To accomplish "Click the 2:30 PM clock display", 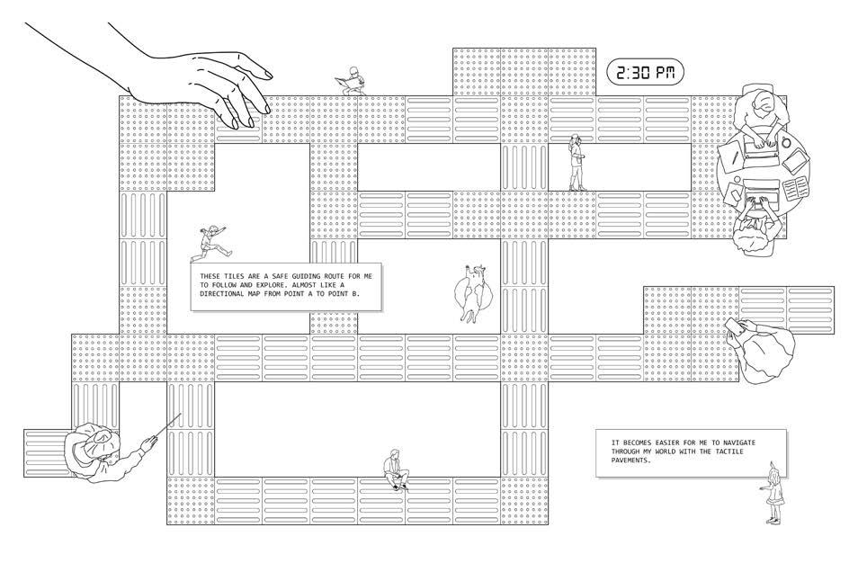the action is coord(645,73).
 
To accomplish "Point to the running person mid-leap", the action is coord(213,241).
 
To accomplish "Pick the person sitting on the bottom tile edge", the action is coord(395,469).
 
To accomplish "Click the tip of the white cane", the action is coord(181,415).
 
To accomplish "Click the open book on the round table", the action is coord(796,190).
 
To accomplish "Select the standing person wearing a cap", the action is coord(576,163).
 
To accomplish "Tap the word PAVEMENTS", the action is coord(630,460).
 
